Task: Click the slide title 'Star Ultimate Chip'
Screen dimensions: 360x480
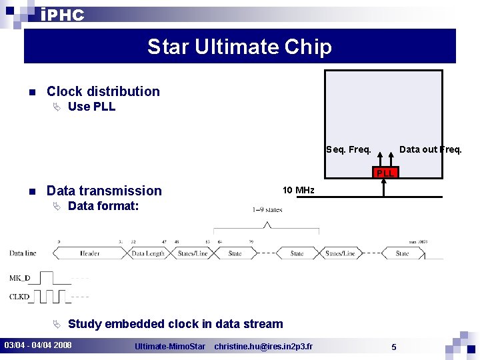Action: pos(239,47)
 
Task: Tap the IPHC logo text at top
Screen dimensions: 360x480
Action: pos(62,15)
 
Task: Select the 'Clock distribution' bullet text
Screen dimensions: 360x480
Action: pos(103,91)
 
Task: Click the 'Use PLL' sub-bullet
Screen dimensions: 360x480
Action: pos(91,107)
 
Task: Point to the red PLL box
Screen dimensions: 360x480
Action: pos(385,173)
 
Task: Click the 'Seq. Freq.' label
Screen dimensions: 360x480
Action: pos(349,149)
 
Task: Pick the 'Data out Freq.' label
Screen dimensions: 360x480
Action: pos(430,149)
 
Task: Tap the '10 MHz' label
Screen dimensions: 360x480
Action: pos(298,191)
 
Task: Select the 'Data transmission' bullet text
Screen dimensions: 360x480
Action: pos(104,191)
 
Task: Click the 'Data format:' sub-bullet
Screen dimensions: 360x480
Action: pos(103,206)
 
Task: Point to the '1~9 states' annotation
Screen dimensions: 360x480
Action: pos(267,209)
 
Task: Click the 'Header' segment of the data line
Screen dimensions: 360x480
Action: pos(89,253)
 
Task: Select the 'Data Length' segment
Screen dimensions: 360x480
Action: pos(148,253)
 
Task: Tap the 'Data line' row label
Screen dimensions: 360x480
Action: pos(23,253)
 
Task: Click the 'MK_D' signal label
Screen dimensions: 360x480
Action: pos(19,277)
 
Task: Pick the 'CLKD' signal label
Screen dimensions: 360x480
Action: pos(19,297)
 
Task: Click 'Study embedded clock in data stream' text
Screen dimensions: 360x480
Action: pos(175,324)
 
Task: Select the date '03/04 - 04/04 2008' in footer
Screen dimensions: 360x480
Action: pos(38,345)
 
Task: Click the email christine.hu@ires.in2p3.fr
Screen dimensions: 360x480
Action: pos(263,346)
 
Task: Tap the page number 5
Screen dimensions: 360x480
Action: pos(394,347)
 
